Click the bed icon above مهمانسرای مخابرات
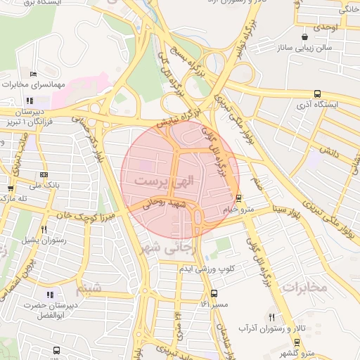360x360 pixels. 33,74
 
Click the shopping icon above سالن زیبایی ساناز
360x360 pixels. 304,37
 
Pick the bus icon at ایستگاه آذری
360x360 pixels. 317,94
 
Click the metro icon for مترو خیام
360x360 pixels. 239,198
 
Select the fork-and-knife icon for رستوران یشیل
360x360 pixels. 44,229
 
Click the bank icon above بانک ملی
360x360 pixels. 44,175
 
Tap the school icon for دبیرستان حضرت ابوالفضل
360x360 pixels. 49,296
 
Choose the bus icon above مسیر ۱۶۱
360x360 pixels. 214,294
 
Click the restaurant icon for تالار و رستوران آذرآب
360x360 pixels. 271,317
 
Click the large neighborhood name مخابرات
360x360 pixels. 305,288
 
